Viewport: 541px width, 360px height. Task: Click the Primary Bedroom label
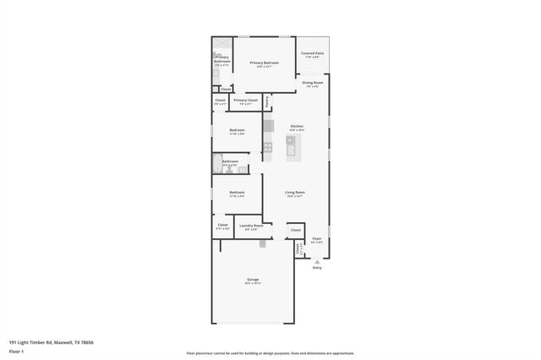(264, 63)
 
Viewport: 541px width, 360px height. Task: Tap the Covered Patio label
(313, 53)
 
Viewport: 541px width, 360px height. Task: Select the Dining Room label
(313, 83)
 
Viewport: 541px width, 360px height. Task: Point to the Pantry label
(267, 101)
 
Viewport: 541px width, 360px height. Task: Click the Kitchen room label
(297, 127)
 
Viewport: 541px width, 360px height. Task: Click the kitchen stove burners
(268, 147)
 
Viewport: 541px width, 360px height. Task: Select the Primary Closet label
(245, 101)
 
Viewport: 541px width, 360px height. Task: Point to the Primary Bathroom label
(222, 61)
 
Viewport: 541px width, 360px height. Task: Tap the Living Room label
(295, 193)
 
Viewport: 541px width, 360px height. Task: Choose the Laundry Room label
(251, 226)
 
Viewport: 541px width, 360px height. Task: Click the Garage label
(252, 280)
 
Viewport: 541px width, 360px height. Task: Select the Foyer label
(317, 240)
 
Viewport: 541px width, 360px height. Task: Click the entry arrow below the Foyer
(317, 261)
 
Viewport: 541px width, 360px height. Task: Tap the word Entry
(317, 268)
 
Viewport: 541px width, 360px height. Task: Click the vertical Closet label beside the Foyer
(298, 248)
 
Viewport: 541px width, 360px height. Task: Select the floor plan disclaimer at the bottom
(270, 353)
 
